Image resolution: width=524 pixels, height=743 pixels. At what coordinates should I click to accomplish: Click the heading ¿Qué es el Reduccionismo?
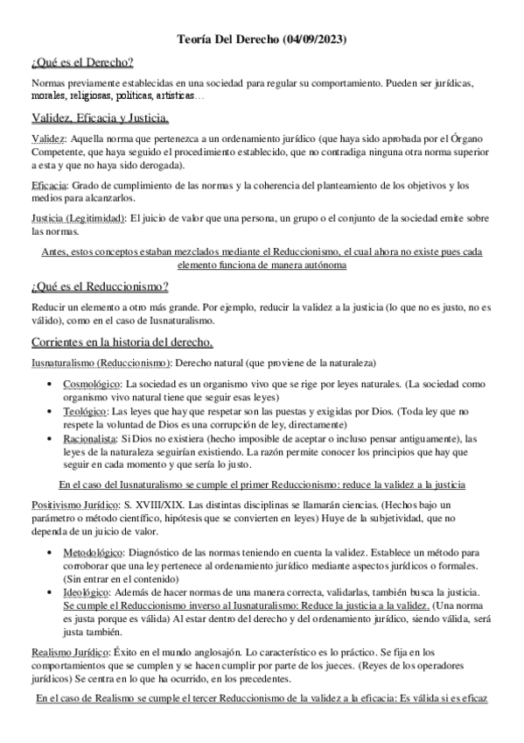point(100,286)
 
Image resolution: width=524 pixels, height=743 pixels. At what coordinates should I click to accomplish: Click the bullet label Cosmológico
point(93,384)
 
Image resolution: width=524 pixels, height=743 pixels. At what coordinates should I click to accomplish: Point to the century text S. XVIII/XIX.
point(164,506)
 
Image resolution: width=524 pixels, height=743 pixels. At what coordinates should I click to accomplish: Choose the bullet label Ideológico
point(87,593)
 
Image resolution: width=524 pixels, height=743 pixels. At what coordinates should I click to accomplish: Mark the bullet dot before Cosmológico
point(45,385)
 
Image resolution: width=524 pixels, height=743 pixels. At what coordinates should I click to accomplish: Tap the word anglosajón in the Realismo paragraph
point(234,653)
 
